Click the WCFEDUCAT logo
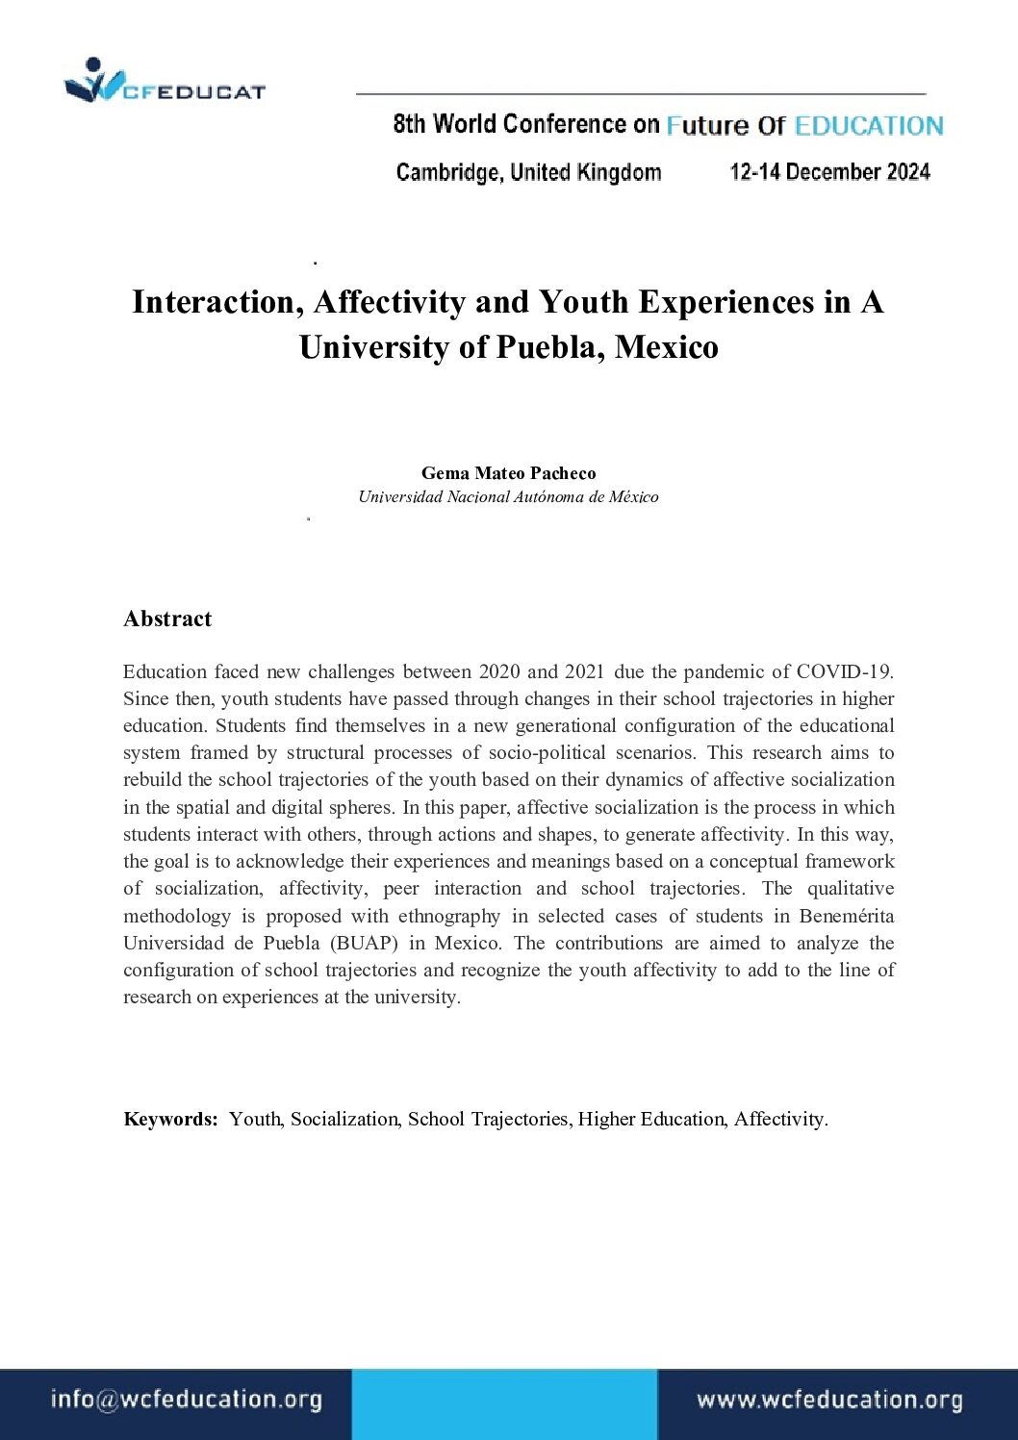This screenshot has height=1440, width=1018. click(x=164, y=83)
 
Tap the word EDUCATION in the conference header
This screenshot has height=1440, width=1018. click(x=869, y=126)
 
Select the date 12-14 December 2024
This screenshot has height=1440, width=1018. click(x=829, y=172)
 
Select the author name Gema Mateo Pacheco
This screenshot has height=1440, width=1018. click(x=508, y=473)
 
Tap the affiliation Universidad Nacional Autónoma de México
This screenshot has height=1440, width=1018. click(x=508, y=497)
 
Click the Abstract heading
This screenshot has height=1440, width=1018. click(x=167, y=619)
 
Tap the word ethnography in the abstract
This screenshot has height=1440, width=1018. click(x=449, y=916)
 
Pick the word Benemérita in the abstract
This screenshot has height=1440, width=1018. click(x=846, y=916)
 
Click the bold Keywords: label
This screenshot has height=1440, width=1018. click(x=171, y=1119)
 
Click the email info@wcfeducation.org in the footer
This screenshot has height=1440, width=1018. click(x=186, y=1400)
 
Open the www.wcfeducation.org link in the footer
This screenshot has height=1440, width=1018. click(x=829, y=1401)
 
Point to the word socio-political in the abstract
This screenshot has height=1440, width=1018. click(x=547, y=752)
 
